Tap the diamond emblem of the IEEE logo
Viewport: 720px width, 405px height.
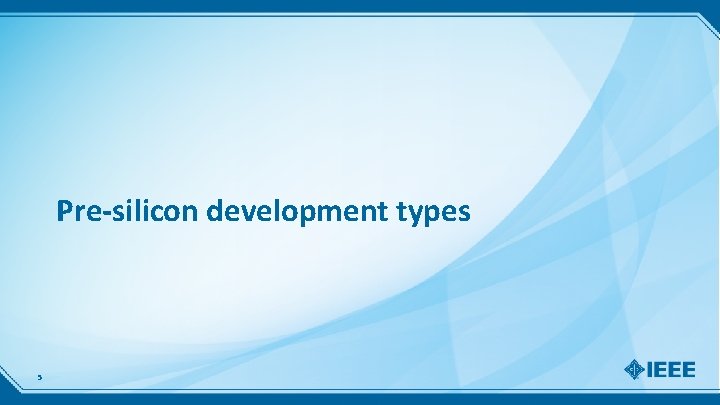635,370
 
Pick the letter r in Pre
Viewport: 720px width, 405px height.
79,213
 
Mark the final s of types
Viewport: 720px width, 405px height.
462,213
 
